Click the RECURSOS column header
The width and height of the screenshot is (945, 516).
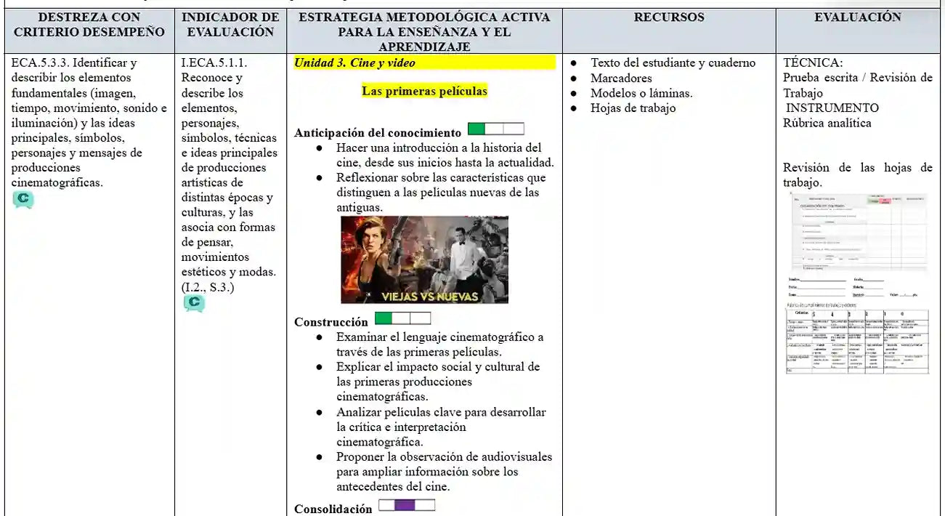tap(668, 17)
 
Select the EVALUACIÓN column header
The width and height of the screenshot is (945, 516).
tap(857, 17)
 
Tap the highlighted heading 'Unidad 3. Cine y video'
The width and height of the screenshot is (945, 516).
tap(354, 63)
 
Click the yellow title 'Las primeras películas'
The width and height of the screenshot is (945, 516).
tap(424, 92)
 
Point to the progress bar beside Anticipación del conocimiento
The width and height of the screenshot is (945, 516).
tap(496, 129)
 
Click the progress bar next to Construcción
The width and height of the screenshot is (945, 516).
tap(402, 318)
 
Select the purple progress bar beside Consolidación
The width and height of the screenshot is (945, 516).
tap(407, 505)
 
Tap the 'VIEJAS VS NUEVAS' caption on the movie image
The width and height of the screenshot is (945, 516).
tap(430, 297)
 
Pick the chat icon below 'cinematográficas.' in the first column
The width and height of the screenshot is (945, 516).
tap(23, 200)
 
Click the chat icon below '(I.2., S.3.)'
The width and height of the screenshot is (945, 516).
tap(194, 303)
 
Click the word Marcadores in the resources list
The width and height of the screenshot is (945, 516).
tap(621, 78)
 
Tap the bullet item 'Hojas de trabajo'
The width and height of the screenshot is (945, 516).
tap(633, 108)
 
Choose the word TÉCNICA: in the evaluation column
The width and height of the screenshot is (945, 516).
tap(813, 63)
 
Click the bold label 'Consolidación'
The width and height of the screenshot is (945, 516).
tap(333, 509)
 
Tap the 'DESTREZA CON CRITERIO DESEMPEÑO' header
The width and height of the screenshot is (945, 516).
tap(89, 25)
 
